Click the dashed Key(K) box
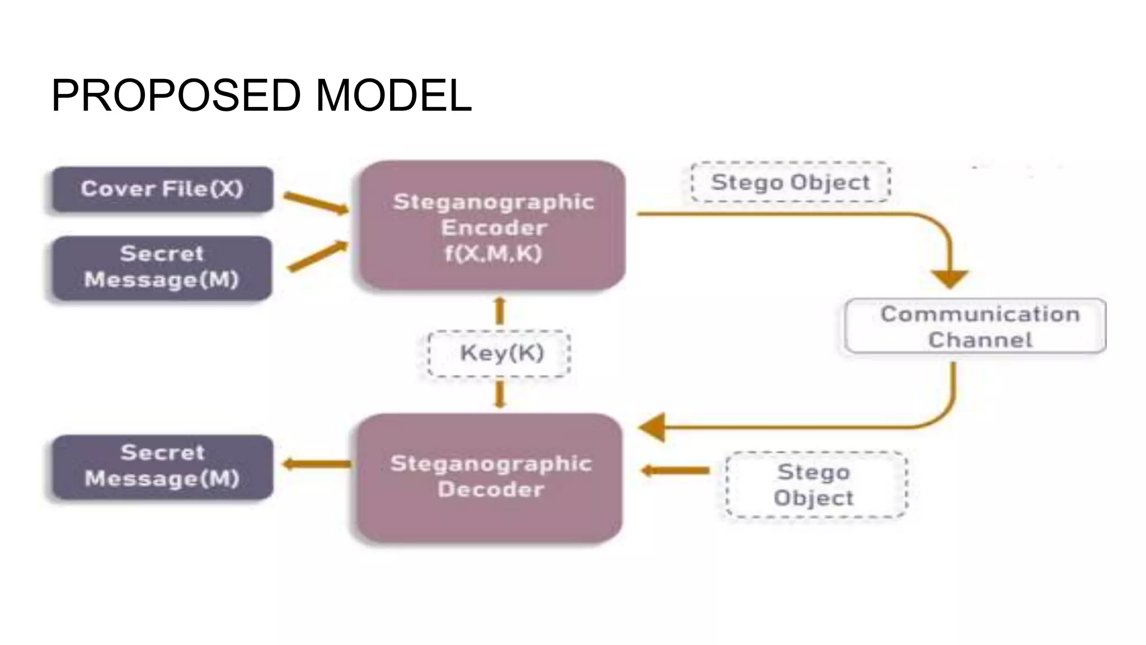500,353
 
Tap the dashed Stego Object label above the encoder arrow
790,183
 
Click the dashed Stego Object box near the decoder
815,485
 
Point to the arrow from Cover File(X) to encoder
315,203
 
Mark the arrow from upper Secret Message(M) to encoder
317,256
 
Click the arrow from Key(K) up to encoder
500,311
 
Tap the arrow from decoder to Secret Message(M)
317,464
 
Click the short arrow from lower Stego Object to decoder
675,470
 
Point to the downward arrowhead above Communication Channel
950,278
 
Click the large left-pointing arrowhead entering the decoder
653,427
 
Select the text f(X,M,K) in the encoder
493,254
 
